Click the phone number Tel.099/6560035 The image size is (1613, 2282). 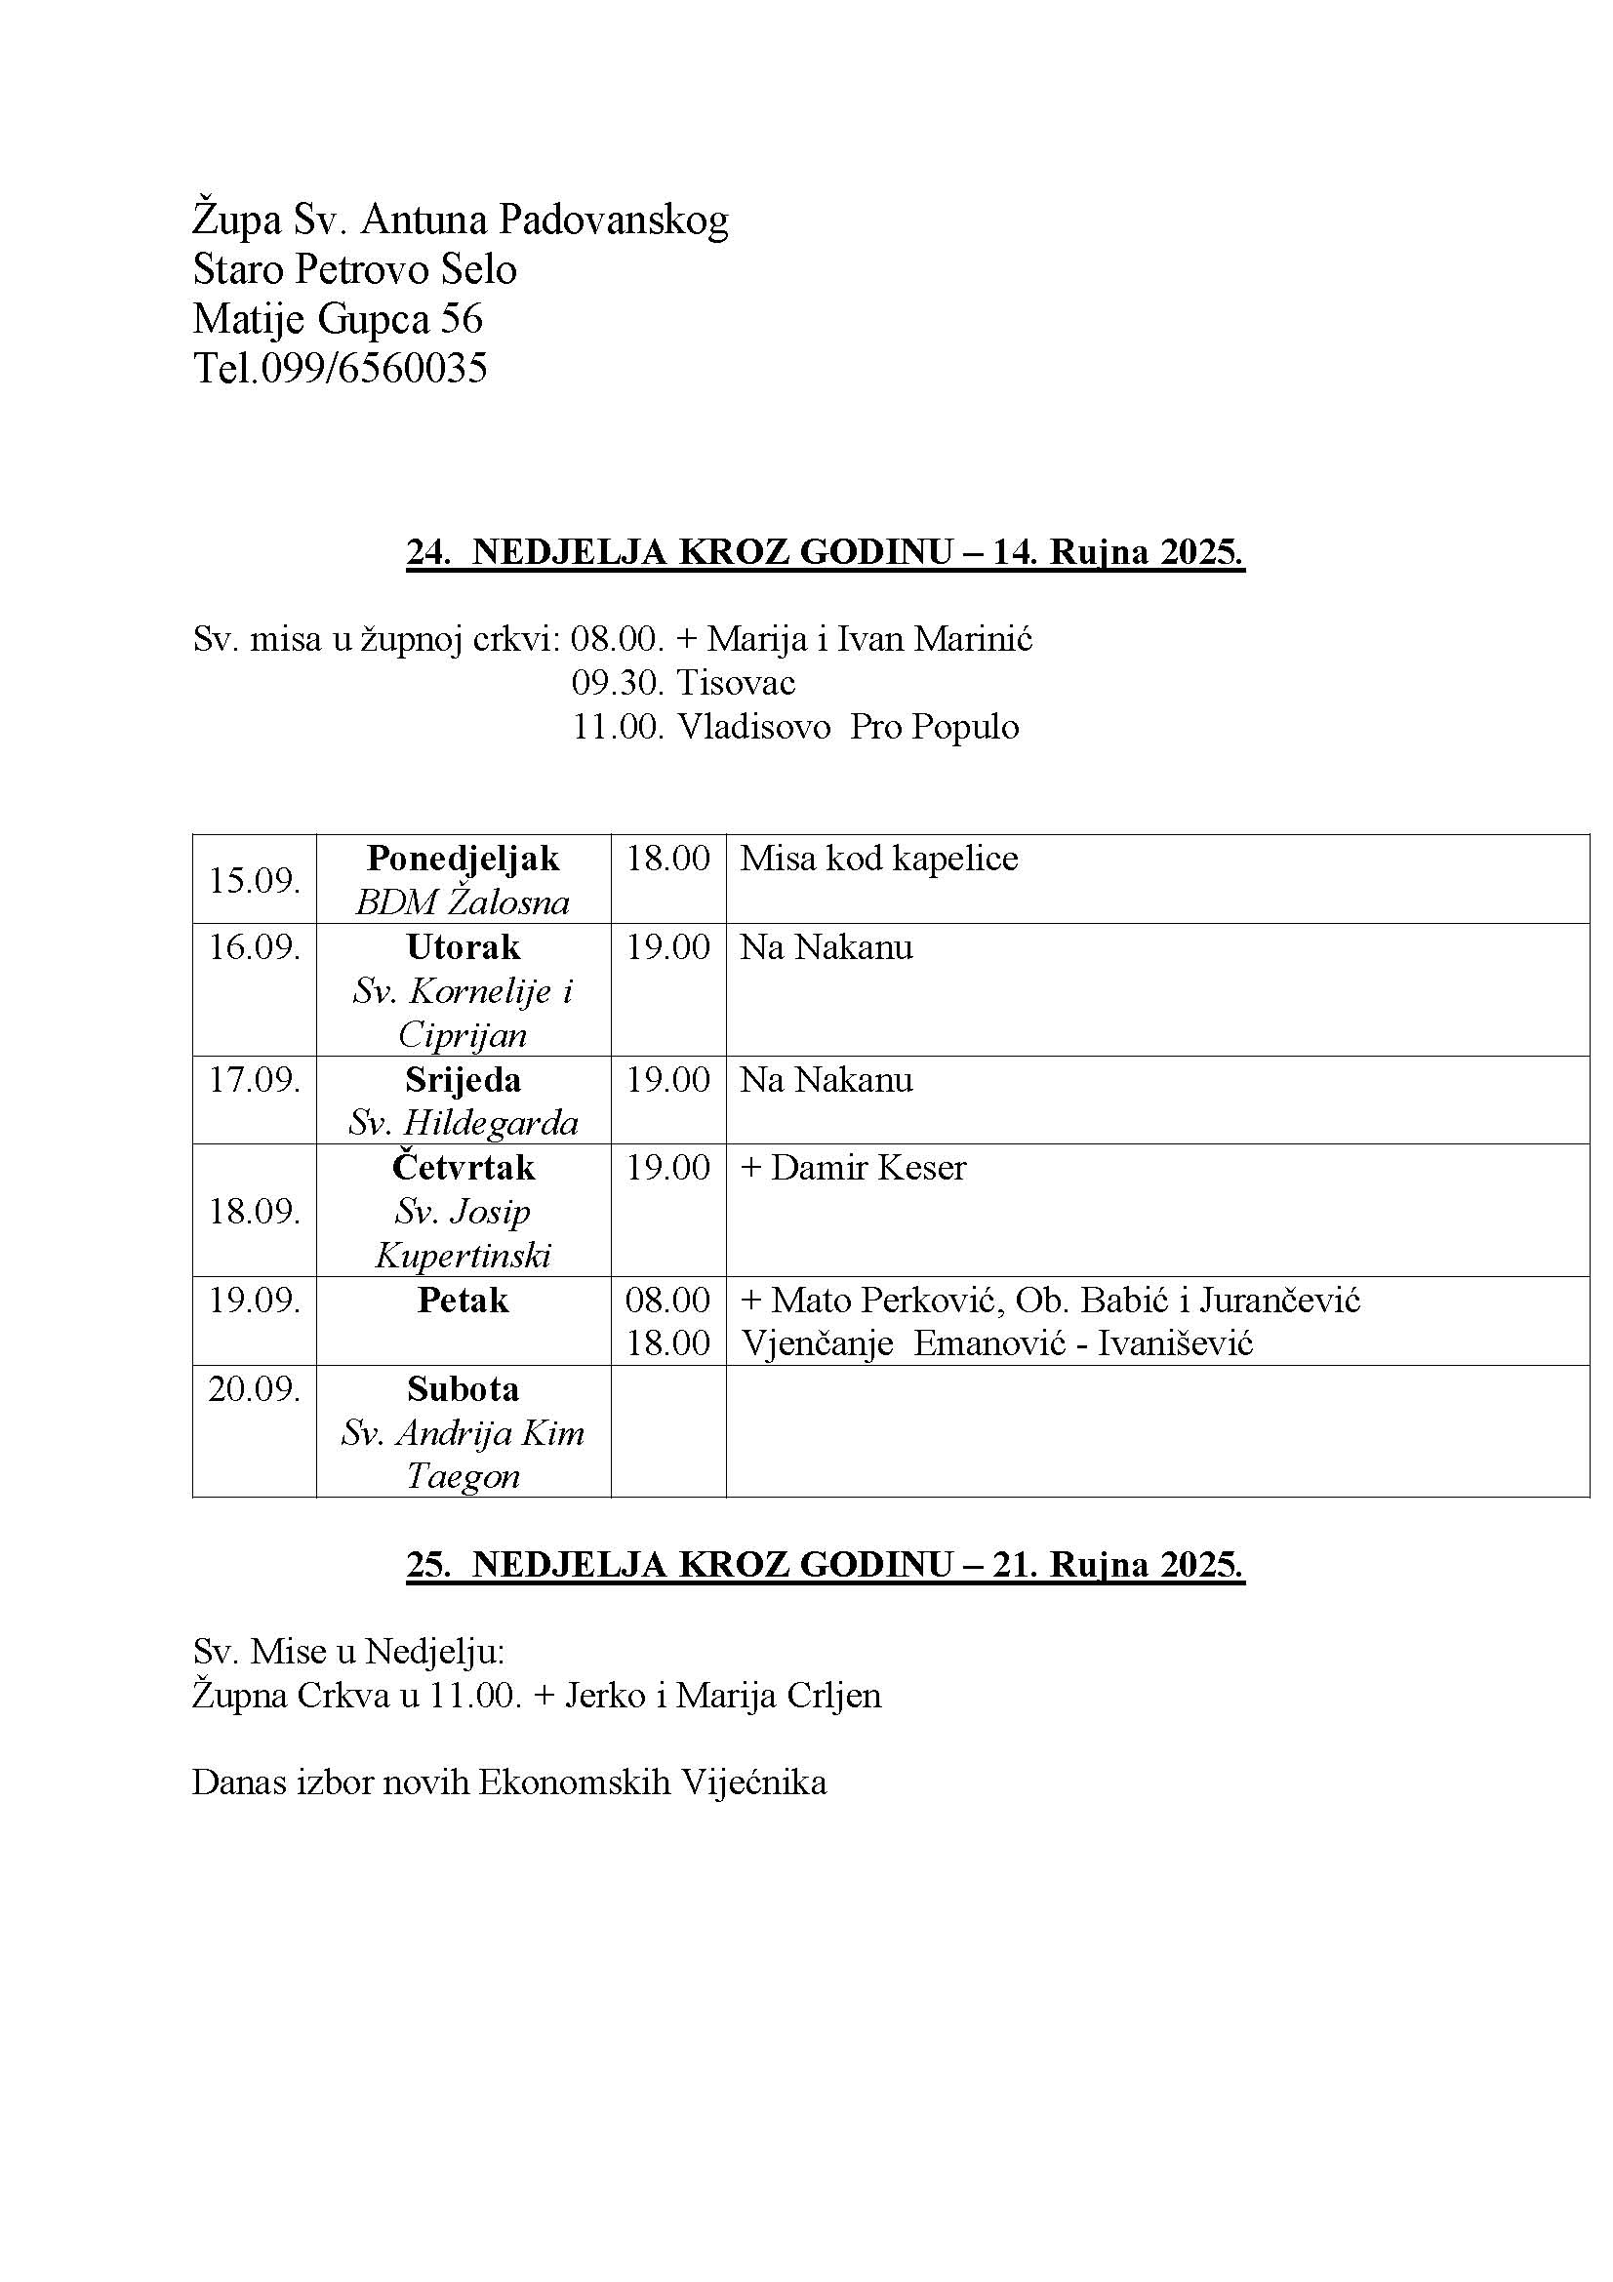[340, 369]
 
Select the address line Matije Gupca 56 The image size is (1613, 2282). [337, 319]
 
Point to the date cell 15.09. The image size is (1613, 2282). [255, 881]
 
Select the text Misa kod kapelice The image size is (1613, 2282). [878, 859]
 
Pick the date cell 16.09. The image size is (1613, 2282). [255, 947]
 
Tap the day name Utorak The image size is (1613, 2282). [464, 947]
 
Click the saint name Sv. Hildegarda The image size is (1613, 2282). [464, 1123]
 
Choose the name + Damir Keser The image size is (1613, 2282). [853, 1168]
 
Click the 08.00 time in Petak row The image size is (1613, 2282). [667, 1300]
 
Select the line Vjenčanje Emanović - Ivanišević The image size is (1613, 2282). [997, 1343]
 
